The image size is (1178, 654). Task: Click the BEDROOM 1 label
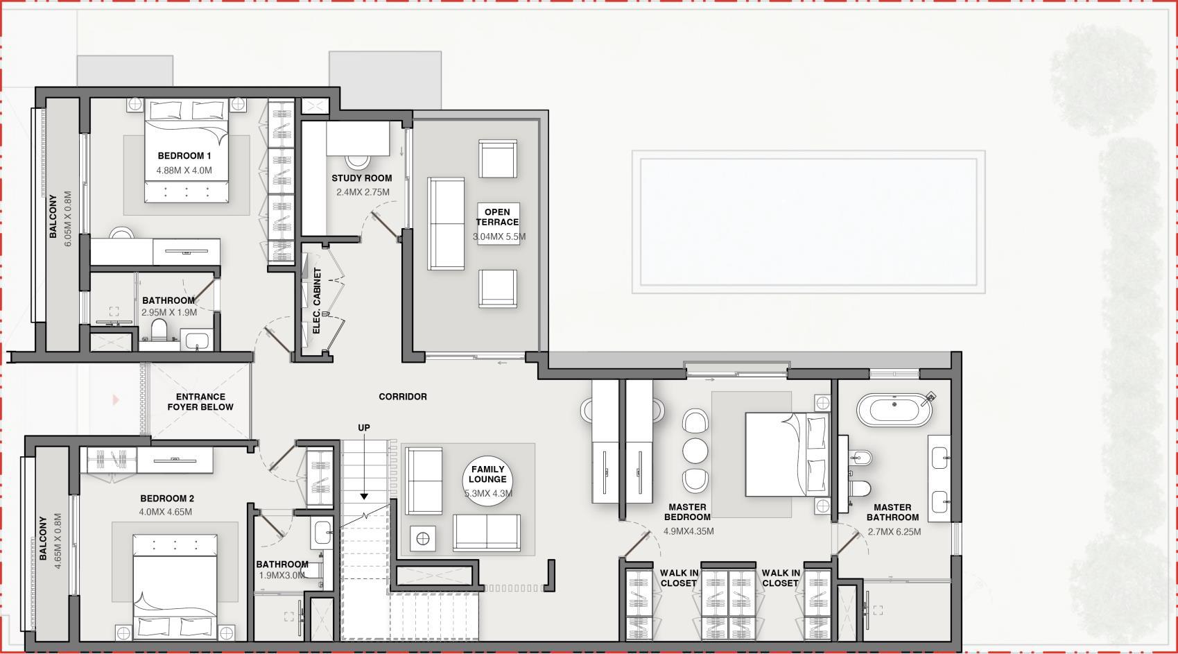tap(184, 156)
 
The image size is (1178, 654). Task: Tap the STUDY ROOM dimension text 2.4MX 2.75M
tap(363, 192)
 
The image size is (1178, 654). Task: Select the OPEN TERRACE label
tap(498, 217)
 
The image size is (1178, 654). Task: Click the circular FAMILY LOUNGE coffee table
tap(487, 481)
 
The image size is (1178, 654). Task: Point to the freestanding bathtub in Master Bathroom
tap(894, 410)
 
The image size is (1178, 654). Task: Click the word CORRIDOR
tap(403, 397)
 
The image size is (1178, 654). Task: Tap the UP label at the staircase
tap(364, 428)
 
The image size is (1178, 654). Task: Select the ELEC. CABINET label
tap(317, 300)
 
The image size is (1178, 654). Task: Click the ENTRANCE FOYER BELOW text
tap(200, 402)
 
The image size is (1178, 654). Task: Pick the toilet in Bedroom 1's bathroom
tap(159, 329)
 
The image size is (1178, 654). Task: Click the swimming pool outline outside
tap(808, 221)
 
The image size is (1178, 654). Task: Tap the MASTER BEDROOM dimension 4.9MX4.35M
tap(688, 531)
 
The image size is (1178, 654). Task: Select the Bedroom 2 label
tap(167, 498)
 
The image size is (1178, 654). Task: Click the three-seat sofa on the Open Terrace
tap(446, 223)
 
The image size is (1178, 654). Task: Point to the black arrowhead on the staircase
tap(364, 496)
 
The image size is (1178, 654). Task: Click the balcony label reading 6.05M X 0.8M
tap(67, 218)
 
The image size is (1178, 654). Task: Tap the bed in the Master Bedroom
tap(787, 454)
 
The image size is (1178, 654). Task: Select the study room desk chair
tap(358, 160)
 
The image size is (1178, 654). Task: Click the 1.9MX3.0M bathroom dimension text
tap(282, 576)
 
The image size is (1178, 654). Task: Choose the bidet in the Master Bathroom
tap(860, 458)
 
